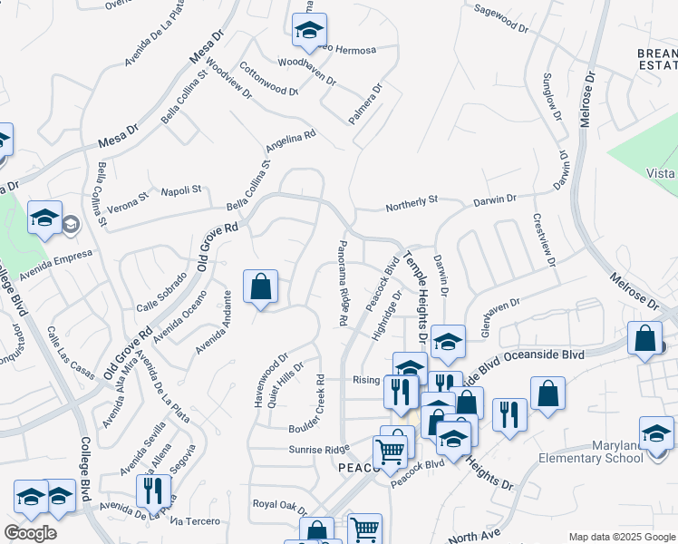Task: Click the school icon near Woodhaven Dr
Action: [309, 31]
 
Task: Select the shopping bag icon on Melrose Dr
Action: [644, 339]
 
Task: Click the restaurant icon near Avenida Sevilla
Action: [153, 491]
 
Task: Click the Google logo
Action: [30, 533]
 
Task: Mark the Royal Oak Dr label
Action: [283, 504]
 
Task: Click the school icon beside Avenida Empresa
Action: [44, 219]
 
